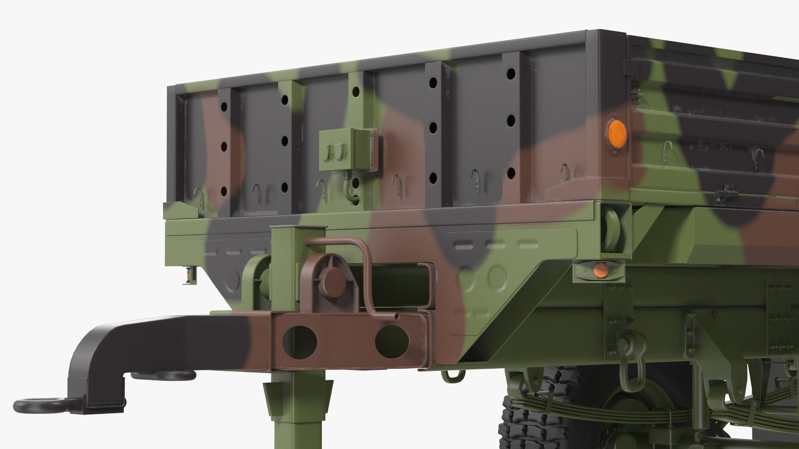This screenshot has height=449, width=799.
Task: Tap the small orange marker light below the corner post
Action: coord(600,269)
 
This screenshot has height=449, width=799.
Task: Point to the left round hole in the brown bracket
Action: coord(300,342)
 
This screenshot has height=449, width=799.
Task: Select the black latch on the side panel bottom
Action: coord(727,193)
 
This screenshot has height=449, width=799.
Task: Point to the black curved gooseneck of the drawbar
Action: coord(104,358)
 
